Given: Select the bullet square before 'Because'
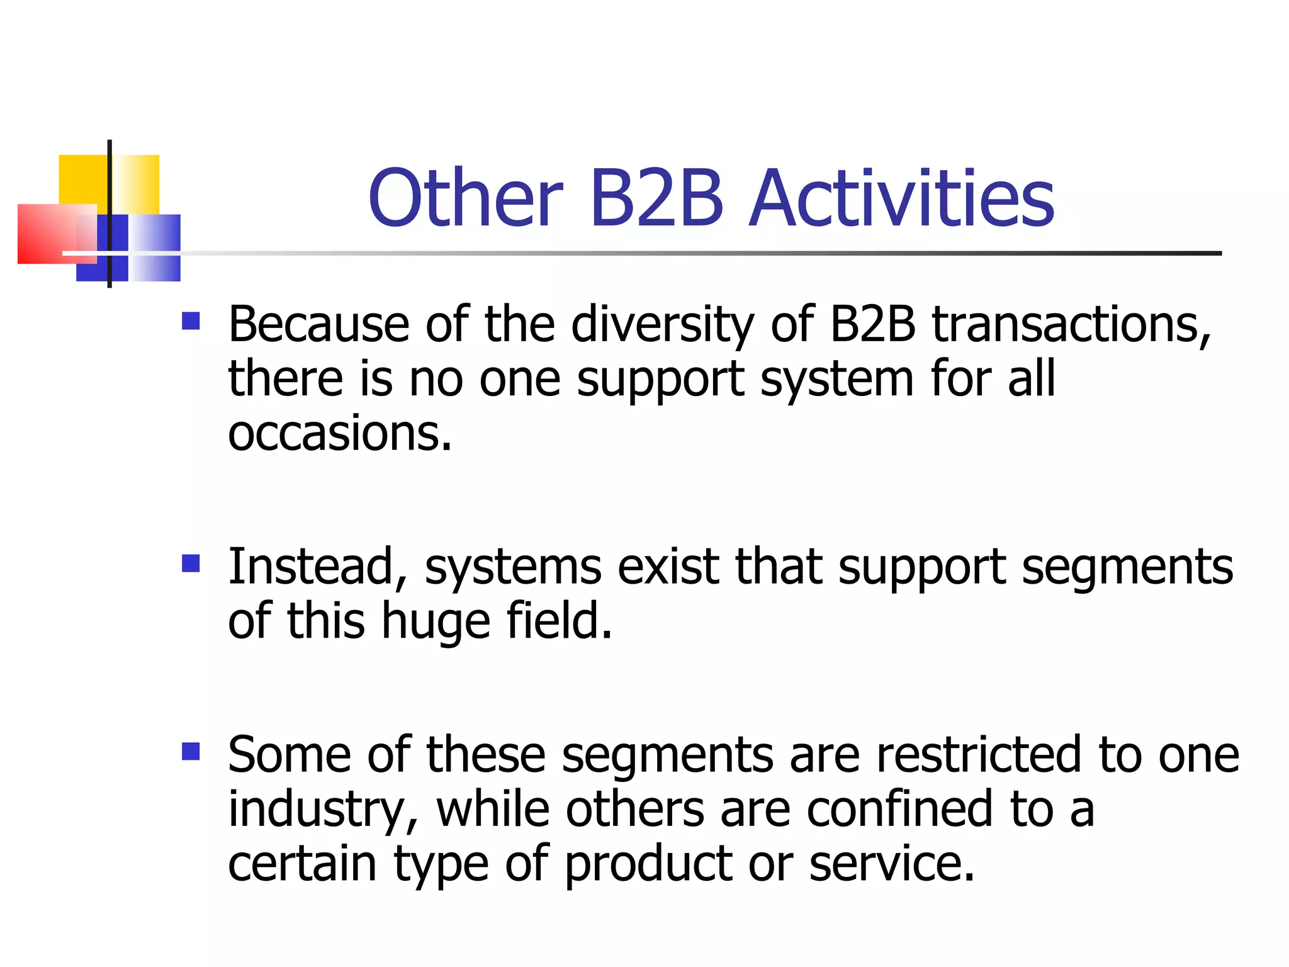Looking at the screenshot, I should click(x=191, y=321).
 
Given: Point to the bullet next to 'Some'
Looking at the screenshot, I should click(x=191, y=751).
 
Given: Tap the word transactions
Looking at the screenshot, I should click(x=1070, y=325).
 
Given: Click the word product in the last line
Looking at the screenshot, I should click(x=648, y=864).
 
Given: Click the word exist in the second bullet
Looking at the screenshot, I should click(x=668, y=567).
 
